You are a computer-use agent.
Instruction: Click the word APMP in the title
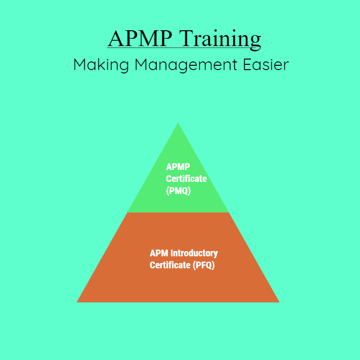click(140, 38)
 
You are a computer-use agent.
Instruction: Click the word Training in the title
click(220, 39)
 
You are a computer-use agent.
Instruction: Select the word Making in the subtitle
click(101, 65)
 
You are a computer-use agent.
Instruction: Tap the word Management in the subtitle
click(186, 65)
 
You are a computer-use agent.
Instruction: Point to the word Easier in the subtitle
click(266, 64)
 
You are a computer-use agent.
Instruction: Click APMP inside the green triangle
click(178, 167)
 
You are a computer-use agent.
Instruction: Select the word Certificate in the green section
click(186, 179)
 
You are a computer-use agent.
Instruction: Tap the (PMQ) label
click(179, 191)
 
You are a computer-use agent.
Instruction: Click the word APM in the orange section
click(159, 253)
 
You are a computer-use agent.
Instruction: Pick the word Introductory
click(194, 253)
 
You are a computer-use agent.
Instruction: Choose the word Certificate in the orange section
click(170, 265)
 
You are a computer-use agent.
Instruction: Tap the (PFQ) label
click(204, 265)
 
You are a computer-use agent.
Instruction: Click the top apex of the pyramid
click(178, 123)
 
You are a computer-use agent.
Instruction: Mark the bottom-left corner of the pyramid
click(77, 302)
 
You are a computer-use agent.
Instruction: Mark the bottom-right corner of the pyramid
click(279, 302)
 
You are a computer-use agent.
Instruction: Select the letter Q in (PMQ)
click(185, 191)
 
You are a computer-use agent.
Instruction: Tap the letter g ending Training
click(255, 43)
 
